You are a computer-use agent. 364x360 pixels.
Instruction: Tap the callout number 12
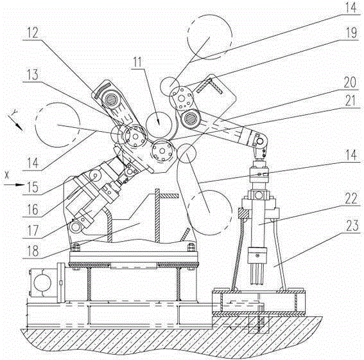tap(33, 33)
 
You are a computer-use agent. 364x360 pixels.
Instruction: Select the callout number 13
tap(33, 75)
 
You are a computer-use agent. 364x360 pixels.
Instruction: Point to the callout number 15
tap(32, 187)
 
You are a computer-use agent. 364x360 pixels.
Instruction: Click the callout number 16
tap(33, 209)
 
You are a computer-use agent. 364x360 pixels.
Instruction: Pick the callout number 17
tap(33, 231)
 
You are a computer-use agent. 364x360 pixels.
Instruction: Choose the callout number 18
tap(33, 251)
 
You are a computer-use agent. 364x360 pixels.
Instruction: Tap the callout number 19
tap(351, 33)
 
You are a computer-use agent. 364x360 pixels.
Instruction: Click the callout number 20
tap(350, 82)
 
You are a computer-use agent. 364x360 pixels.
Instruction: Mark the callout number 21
tap(351, 101)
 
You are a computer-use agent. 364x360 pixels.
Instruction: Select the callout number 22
tap(351, 198)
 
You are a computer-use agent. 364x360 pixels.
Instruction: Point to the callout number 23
tap(352, 226)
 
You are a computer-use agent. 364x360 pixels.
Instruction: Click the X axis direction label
tap(6, 175)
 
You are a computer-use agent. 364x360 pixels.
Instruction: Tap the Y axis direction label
tap(15, 113)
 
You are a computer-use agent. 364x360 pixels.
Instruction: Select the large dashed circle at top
tap(209, 37)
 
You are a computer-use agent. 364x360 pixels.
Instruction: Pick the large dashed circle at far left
tap(58, 125)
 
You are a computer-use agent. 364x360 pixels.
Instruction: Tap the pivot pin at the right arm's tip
tap(259, 141)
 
